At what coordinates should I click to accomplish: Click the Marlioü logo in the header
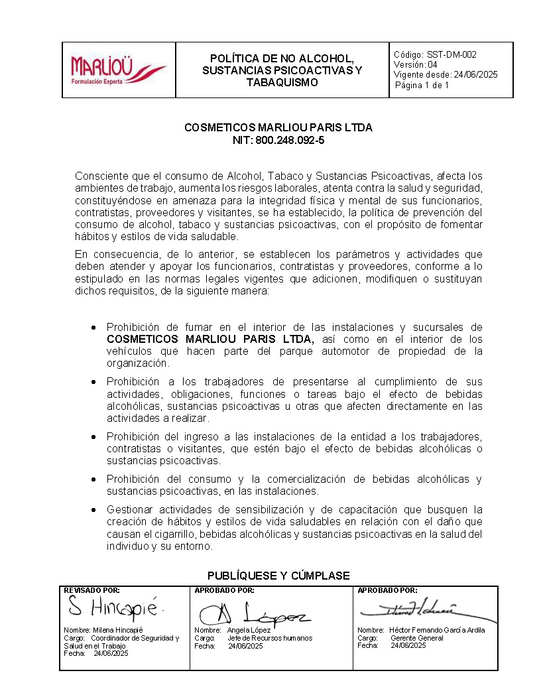click(118, 70)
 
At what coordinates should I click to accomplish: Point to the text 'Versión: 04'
click(416, 65)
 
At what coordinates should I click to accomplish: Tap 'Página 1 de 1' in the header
click(422, 86)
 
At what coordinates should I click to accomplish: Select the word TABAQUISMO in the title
click(282, 82)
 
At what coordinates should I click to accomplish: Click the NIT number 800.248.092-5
click(292, 140)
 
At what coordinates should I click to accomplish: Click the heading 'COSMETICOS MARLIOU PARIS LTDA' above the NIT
click(278, 127)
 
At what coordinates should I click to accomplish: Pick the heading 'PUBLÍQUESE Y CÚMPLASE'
click(278, 575)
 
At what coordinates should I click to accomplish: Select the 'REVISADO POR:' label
click(91, 590)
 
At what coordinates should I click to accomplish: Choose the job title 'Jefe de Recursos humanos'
click(270, 638)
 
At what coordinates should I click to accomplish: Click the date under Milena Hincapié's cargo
click(111, 653)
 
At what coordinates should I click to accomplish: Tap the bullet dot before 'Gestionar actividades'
click(95, 510)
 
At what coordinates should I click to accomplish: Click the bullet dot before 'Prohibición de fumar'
click(95, 328)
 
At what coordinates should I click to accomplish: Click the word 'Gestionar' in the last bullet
click(131, 510)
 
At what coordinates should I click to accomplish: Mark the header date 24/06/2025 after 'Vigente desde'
click(475, 75)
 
